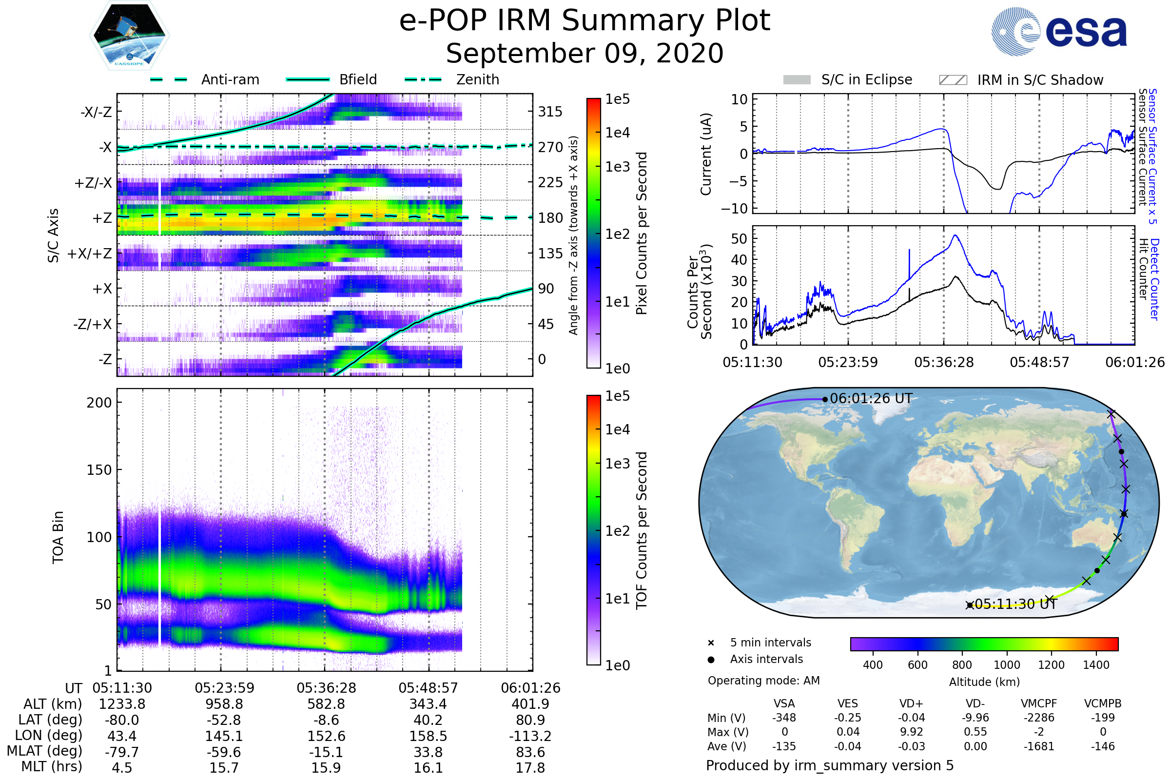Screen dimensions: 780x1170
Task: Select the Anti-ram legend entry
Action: click(x=230, y=79)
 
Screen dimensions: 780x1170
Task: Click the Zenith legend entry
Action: click(x=477, y=79)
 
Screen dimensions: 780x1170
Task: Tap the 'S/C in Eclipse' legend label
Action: click(x=866, y=79)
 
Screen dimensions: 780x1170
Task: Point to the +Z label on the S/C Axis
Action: click(x=102, y=218)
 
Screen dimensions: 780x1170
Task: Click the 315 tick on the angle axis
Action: click(x=550, y=112)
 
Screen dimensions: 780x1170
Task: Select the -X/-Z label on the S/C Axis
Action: click(x=96, y=112)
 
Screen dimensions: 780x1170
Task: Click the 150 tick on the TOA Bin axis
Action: click(x=99, y=469)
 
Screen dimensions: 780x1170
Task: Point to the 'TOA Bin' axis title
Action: click(x=58, y=537)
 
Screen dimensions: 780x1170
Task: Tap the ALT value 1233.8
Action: click(x=122, y=704)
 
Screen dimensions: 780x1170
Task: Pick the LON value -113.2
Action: click(x=530, y=736)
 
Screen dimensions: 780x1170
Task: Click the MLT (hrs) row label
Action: click(x=52, y=766)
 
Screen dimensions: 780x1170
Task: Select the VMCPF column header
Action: click(x=1039, y=703)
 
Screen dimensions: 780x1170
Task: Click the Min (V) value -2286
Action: click(x=1039, y=718)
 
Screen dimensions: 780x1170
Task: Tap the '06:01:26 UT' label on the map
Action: click(x=871, y=398)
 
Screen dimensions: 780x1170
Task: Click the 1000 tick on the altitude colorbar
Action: click(x=1006, y=664)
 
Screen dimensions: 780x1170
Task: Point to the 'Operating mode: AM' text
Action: click(x=763, y=681)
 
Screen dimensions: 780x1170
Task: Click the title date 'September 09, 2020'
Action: click(x=585, y=53)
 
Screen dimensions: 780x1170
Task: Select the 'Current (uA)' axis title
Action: click(x=706, y=154)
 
